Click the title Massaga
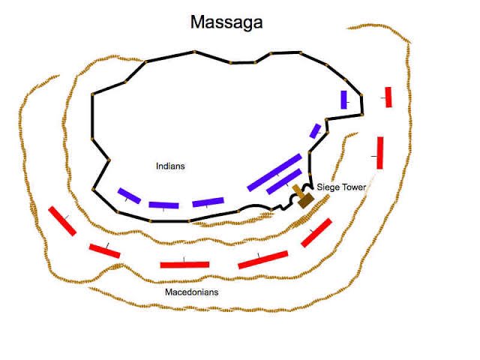[x=226, y=22]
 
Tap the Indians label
[x=170, y=166]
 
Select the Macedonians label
[x=191, y=291]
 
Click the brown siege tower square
[x=305, y=199]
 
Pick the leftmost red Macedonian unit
[x=62, y=220]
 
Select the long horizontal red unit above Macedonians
[x=184, y=264]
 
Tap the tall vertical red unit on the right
[x=380, y=152]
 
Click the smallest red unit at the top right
[x=388, y=97]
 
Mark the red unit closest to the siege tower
[x=316, y=232]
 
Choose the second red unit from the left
[x=104, y=250]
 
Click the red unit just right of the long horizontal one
[x=262, y=259]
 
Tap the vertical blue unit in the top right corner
[x=343, y=99]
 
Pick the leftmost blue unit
[x=130, y=196]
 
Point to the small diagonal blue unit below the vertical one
[x=315, y=130]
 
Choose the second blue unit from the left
[x=163, y=205]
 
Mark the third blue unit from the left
[x=208, y=202]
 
